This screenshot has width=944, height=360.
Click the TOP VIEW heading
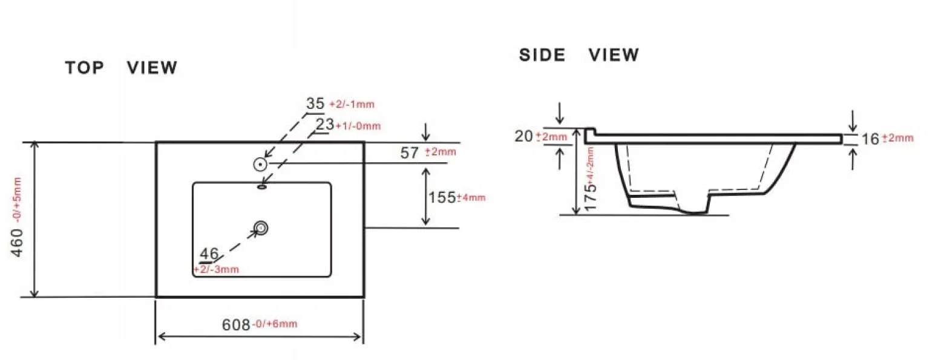[x=121, y=67]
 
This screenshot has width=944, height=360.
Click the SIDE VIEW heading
[x=579, y=55]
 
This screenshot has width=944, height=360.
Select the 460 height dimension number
[x=17, y=243]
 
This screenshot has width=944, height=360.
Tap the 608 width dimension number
[x=236, y=324]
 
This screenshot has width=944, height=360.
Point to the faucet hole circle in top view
[x=261, y=164]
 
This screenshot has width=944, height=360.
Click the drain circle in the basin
[x=261, y=228]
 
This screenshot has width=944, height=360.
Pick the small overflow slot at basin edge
[x=261, y=186]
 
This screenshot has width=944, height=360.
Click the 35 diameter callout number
[x=315, y=103]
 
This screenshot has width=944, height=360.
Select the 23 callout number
[x=325, y=125]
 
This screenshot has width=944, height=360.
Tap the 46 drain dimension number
[x=209, y=254]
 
